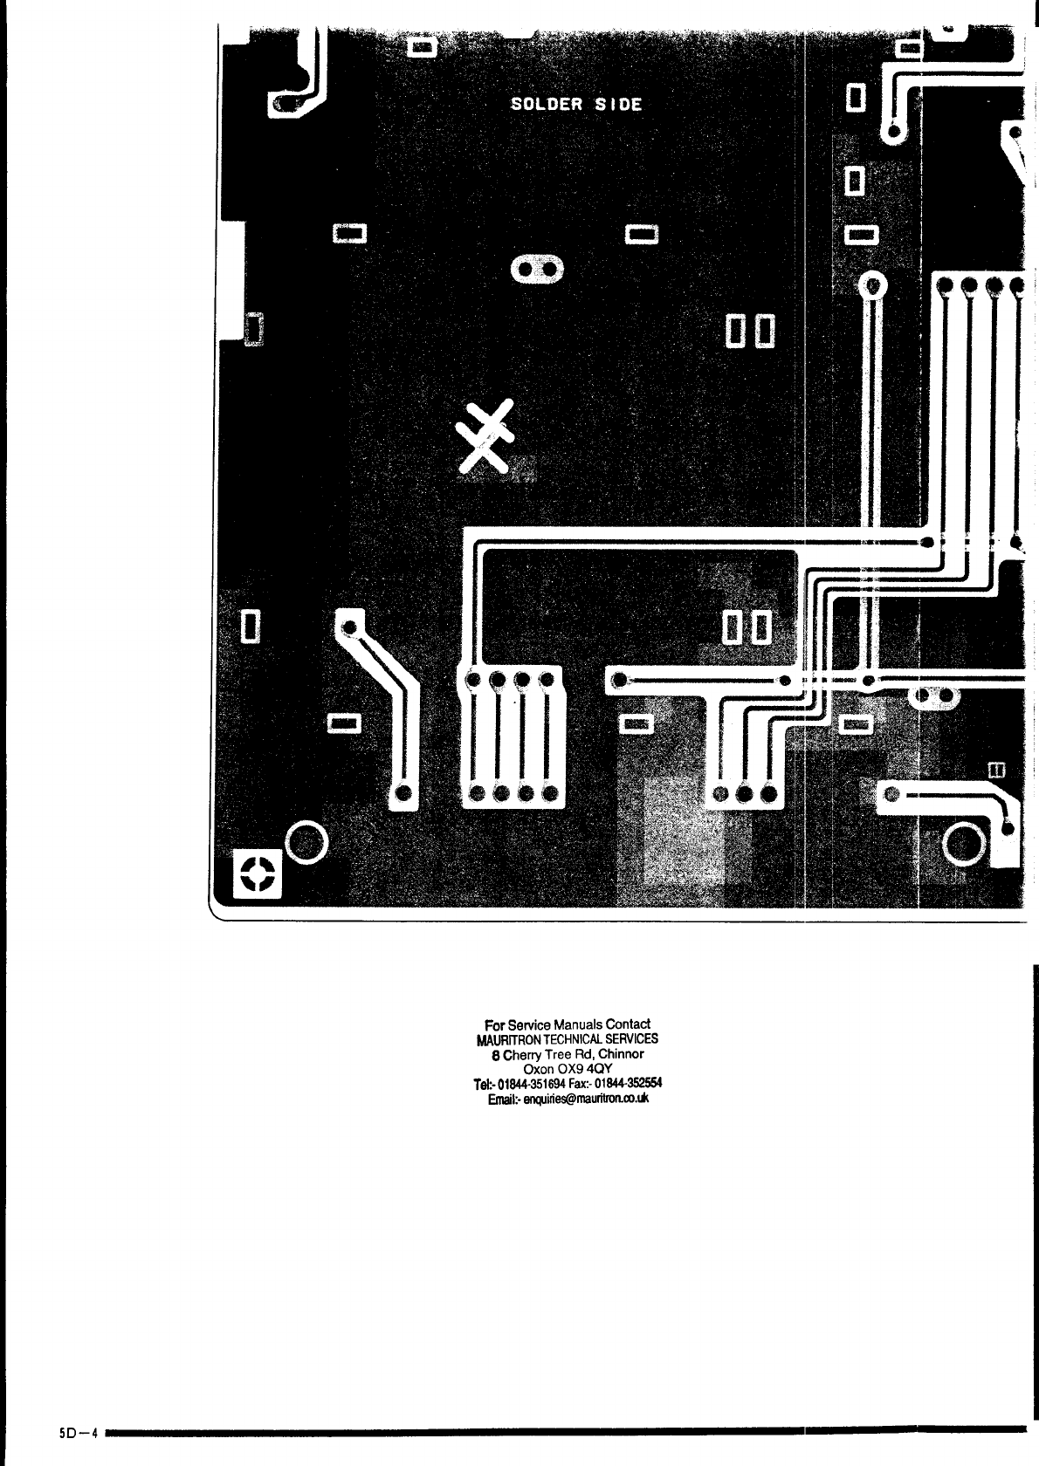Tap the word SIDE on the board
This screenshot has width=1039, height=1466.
(617, 105)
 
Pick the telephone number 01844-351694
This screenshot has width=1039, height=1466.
(533, 1084)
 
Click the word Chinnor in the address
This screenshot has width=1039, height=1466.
(621, 1054)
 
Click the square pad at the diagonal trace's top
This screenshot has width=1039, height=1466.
(349, 624)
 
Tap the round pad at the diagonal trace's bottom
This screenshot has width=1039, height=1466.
(404, 793)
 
